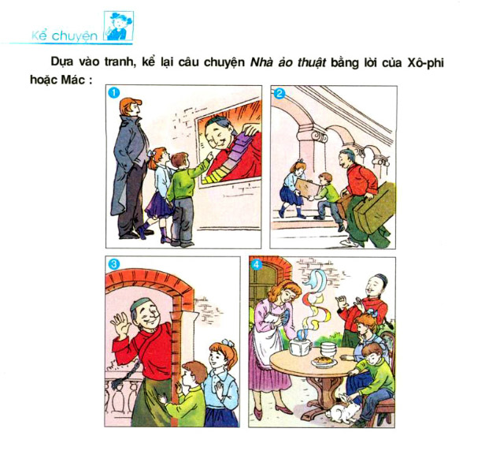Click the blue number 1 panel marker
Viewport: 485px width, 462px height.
point(114,92)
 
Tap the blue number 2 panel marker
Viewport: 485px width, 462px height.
point(280,93)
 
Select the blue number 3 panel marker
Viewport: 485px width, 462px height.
point(114,264)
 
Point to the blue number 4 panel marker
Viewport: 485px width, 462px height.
point(257,265)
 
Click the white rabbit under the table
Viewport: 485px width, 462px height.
point(343,408)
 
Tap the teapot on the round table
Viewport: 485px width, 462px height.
point(300,345)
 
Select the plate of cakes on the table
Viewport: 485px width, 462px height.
point(324,361)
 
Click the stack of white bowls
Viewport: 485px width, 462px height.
point(328,349)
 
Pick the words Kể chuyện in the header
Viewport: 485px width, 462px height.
point(65,35)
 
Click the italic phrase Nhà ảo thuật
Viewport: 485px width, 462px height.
point(287,62)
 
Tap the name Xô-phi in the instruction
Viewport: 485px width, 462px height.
point(425,63)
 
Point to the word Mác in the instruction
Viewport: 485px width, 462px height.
point(73,80)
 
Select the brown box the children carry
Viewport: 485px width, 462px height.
point(306,188)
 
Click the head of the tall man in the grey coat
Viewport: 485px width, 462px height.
point(130,107)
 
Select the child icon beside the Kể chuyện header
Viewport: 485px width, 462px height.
point(119,26)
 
